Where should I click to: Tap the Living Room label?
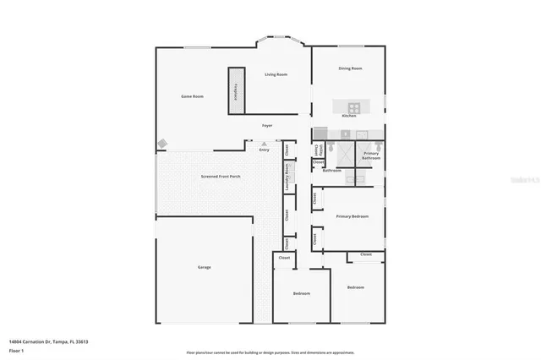[x=276, y=74]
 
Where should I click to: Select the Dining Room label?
[x=350, y=68]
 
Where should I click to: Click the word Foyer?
[x=266, y=125]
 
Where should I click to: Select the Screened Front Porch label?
[x=220, y=177]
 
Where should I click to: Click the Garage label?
[x=204, y=267]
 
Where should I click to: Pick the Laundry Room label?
[x=287, y=180]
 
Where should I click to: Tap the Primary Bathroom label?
[x=371, y=155]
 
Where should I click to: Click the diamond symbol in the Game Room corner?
[x=161, y=144]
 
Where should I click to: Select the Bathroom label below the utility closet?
[x=331, y=171]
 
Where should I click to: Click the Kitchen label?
[x=348, y=116]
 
